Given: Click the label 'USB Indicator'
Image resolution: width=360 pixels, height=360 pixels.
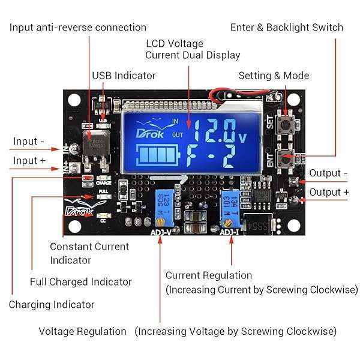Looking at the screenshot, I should coord(123,76).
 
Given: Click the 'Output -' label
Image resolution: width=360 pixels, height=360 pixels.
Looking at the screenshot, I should coord(329,173).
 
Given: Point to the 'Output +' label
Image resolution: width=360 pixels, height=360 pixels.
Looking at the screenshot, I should coord(329,193).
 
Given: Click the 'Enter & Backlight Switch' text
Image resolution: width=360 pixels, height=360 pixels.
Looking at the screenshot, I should coord(286,28).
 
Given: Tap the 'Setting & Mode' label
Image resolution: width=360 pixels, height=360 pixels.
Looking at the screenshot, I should coord(274,76).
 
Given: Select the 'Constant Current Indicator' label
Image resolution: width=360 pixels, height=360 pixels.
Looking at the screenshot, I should coord(89,253).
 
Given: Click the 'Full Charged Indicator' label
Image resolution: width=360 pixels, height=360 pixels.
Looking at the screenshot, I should coord(80,282).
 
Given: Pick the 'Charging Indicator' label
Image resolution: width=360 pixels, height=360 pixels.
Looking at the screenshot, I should coord(52,305).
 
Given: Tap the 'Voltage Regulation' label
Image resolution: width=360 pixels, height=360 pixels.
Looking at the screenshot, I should coord(83,331).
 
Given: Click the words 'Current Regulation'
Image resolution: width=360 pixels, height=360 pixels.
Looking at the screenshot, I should coord(208,275).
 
